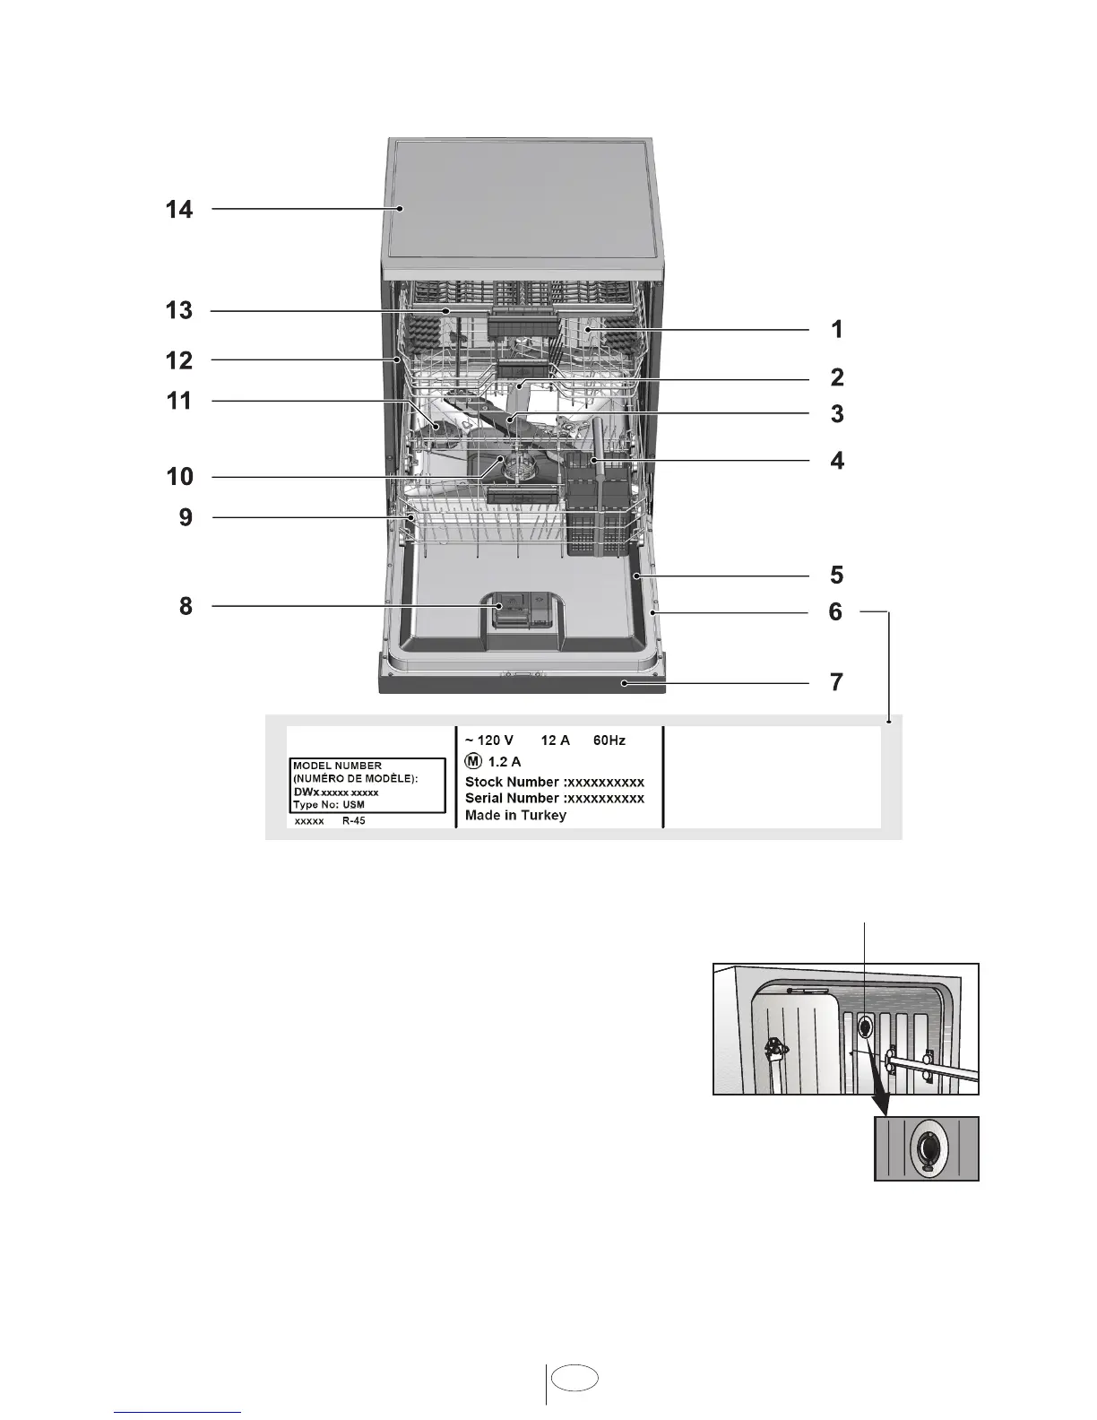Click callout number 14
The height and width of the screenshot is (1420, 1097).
pyautogui.click(x=179, y=210)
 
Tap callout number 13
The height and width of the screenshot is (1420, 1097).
pyautogui.click(x=179, y=310)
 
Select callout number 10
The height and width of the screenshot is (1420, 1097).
pyautogui.click(x=179, y=476)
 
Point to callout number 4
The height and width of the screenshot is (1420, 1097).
pyautogui.click(x=837, y=461)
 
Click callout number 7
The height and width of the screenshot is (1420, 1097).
pyautogui.click(x=836, y=682)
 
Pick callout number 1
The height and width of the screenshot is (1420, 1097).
pyautogui.click(x=836, y=329)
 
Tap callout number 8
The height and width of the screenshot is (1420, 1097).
pyautogui.click(x=186, y=606)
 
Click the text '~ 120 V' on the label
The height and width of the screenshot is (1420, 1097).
pyautogui.click(x=488, y=740)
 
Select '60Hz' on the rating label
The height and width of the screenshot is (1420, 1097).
pyautogui.click(x=609, y=740)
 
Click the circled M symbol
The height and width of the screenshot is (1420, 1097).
pyautogui.click(x=473, y=761)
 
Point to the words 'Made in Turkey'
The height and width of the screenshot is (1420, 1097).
pyautogui.click(x=515, y=815)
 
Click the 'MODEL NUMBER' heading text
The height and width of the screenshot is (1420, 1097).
pyautogui.click(x=337, y=766)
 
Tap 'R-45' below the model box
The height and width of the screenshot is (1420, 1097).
pyautogui.click(x=353, y=820)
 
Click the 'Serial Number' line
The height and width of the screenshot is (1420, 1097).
pyautogui.click(x=554, y=798)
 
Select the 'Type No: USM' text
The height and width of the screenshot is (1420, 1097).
pyautogui.click(x=329, y=804)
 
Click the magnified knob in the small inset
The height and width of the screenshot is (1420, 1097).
pyautogui.click(x=926, y=1148)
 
